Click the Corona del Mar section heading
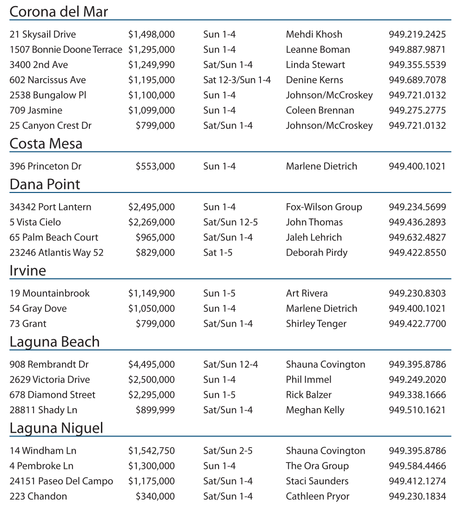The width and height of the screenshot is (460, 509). pyautogui.click(x=59, y=12)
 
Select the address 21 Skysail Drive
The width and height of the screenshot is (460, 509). pyautogui.click(x=42, y=34)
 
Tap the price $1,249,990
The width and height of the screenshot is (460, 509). pyautogui.click(x=152, y=65)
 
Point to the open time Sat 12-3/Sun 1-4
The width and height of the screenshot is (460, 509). pyautogui.click(x=237, y=80)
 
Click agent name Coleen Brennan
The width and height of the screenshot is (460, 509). pyautogui.click(x=320, y=110)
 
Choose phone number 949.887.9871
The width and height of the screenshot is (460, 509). pyautogui.click(x=417, y=49)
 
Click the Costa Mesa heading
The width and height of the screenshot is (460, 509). pyautogui.click(x=46, y=144)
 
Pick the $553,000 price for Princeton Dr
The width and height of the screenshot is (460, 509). pyautogui.click(x=155, y=166)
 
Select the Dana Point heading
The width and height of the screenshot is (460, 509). pyautogui.click(x=45, y=185)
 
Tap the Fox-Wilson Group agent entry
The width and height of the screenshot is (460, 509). pyautogui.click(x=324, y=207)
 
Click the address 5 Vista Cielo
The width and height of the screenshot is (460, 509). pyautogui.click(x=35, y=222)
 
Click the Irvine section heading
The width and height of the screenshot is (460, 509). pyautogui.click(x=28, y=271)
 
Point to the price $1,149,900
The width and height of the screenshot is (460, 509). pyautogui.click(x=152, y=293)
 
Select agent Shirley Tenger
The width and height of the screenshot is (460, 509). pyautogui.click(x=316, y=324)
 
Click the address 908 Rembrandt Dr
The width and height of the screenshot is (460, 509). pyautogui.click(x=49, y=364)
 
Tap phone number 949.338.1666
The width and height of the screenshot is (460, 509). pyautogui.click(x=417, y=395)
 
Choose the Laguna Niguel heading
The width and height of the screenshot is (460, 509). pyautogui.click(x=56, y=428)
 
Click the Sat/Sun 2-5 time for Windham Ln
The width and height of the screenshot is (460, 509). pyautogui.click(x=228, y=450)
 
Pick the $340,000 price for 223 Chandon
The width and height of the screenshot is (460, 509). pyautogui.click(x=155, y=496)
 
